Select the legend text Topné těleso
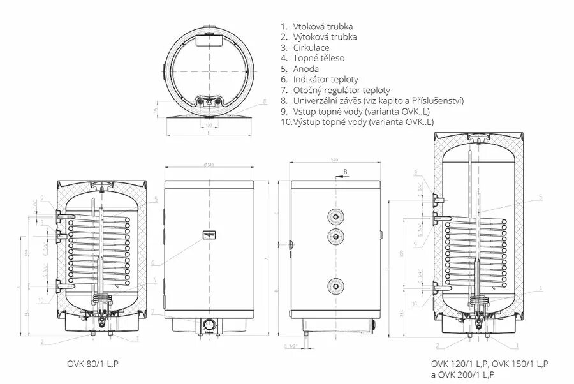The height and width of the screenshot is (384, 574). (x=319, y=58)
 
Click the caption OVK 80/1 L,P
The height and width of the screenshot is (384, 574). (x=94, y=364)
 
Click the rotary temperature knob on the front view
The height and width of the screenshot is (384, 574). (x=209, y=323)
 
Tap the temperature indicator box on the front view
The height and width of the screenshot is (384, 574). (x=209, y=234)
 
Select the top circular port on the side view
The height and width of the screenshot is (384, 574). (x=335, y=215)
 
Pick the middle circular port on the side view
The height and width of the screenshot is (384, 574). (x=335, y=237)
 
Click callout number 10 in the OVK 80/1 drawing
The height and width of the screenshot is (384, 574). (x=40, y=300)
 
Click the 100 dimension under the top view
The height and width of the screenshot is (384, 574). (x=209, y=126)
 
